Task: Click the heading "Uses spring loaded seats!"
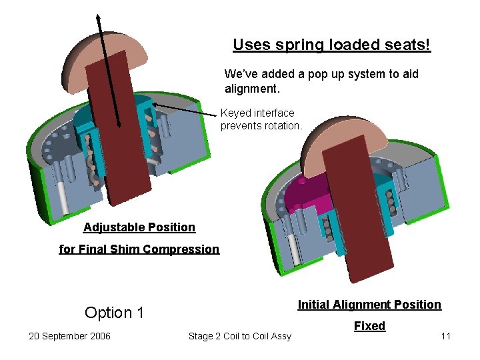click(x=331, y=45)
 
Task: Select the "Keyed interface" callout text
click(x=257, y=113)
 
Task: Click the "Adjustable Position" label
click(x=139, y=227)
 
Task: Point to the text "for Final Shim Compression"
click(x=139, y=249)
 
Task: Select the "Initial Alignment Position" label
click(x=369, y=305)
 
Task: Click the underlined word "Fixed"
click(x=369, y=326)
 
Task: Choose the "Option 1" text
click(x=114, y=313)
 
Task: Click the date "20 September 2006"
click(x=69, y=336)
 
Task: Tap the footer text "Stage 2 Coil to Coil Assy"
click(x=240, y=336)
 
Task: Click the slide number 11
click(x=445, y=336)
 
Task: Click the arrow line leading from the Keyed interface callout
click(x=187, y=109)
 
